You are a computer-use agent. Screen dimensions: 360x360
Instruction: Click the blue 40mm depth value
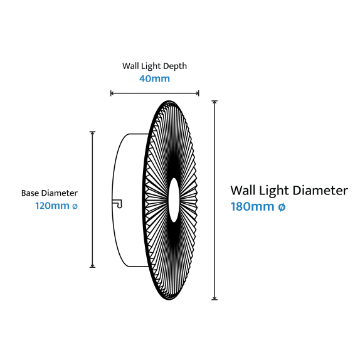154,79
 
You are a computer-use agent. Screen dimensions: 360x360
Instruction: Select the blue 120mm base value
52,206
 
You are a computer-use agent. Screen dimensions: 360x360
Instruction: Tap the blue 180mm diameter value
252,206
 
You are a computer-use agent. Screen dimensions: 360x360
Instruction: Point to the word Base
30,193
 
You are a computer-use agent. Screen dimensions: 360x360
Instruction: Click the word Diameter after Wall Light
320,191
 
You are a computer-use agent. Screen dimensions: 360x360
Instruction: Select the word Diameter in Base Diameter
59,193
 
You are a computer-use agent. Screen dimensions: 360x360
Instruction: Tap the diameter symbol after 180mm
282,207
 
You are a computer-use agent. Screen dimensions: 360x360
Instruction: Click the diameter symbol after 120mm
75,206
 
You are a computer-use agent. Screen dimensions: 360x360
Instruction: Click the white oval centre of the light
174,200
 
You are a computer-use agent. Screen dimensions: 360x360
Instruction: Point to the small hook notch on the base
118,204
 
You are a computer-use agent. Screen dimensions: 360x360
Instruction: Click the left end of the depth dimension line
111,93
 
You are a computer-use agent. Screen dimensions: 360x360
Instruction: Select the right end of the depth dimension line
199,93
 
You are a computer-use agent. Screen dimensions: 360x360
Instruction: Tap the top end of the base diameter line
92,132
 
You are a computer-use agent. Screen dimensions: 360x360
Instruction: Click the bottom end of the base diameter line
92,267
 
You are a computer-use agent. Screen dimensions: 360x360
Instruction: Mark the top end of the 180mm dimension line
214,101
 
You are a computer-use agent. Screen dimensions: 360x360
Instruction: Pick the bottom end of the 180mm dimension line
214,300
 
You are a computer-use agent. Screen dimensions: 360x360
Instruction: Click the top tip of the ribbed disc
169,101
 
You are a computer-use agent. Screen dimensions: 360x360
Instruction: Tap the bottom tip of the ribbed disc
169,300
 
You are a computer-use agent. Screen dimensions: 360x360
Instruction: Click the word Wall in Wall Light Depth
130,66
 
